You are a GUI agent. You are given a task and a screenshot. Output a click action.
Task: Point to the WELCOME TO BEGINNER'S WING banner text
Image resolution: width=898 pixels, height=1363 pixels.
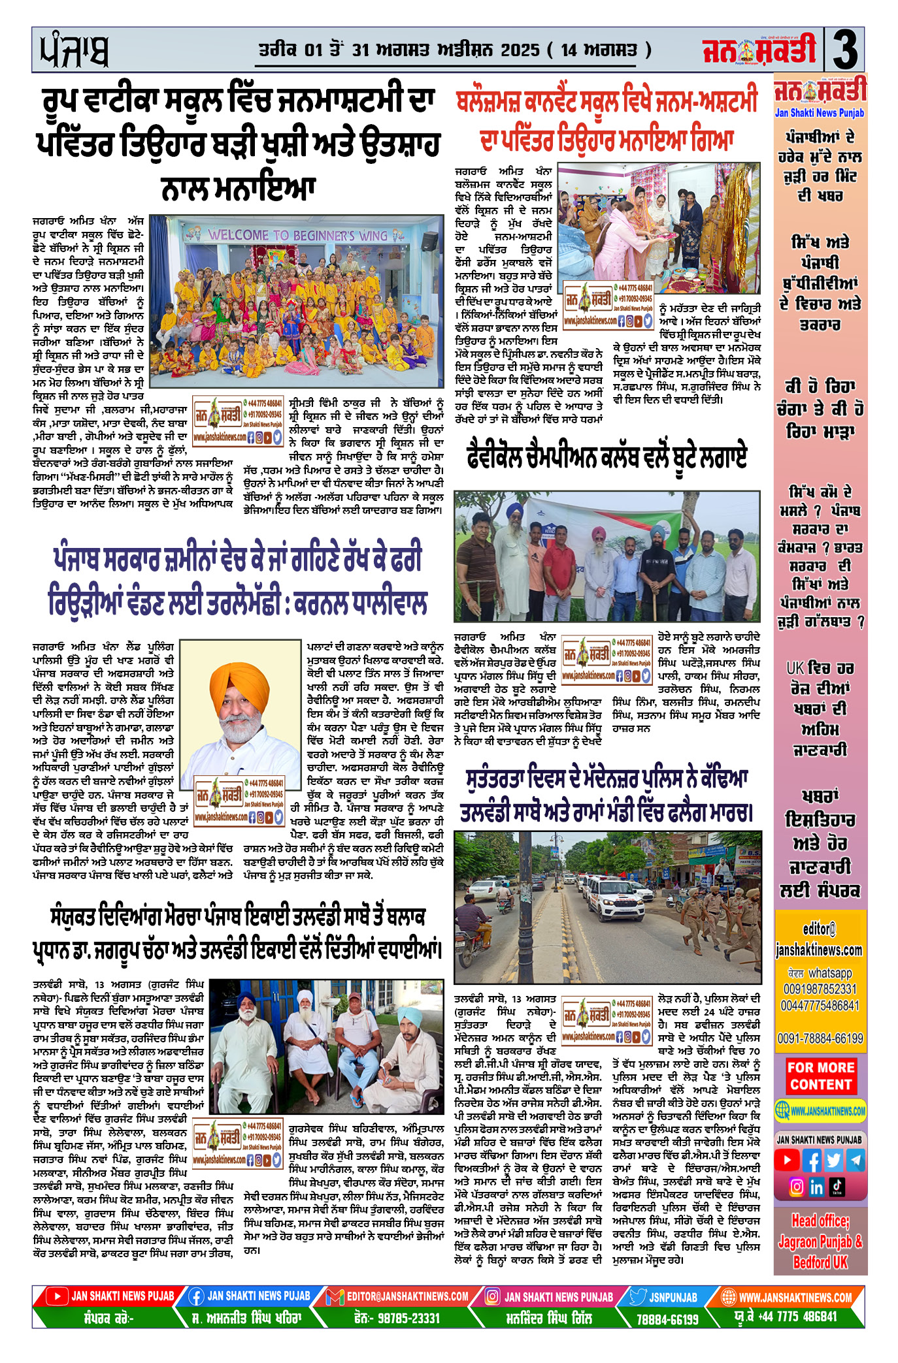click(297, 234)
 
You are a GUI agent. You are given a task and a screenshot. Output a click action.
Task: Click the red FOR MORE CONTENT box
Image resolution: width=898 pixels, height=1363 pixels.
click(820, 1076)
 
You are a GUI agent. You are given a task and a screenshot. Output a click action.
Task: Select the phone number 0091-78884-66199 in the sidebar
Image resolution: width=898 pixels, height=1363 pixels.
click(820, 1038)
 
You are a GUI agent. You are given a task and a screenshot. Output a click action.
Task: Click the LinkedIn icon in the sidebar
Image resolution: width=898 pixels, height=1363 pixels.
click(816, 1187)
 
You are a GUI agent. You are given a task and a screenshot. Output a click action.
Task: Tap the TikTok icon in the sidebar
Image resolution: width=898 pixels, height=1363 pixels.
click(837, 1187)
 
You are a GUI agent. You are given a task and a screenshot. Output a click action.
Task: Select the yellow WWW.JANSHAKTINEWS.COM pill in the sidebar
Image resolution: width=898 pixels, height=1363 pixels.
click(820, 1110)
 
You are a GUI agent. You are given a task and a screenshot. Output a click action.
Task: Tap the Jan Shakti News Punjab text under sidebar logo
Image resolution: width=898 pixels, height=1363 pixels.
click(820, 113)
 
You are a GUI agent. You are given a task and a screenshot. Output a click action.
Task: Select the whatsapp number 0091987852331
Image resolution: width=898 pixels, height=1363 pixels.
click(820, 989)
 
